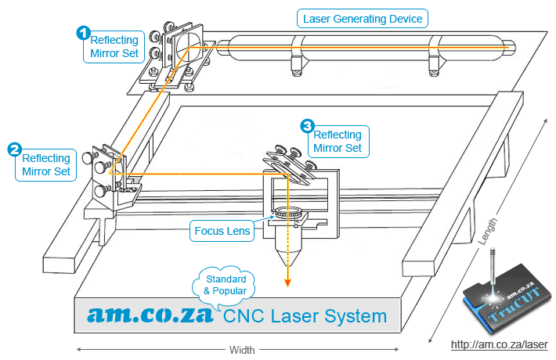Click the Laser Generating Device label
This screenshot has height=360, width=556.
click(362, 18)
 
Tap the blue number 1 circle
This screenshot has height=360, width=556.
click(82, 33)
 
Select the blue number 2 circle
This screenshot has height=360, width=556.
click(14, 149)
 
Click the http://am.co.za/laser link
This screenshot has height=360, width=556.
click(499, 344)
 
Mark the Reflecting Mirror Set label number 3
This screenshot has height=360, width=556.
click(338, 141)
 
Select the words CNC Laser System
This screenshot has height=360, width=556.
click(305, 316)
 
